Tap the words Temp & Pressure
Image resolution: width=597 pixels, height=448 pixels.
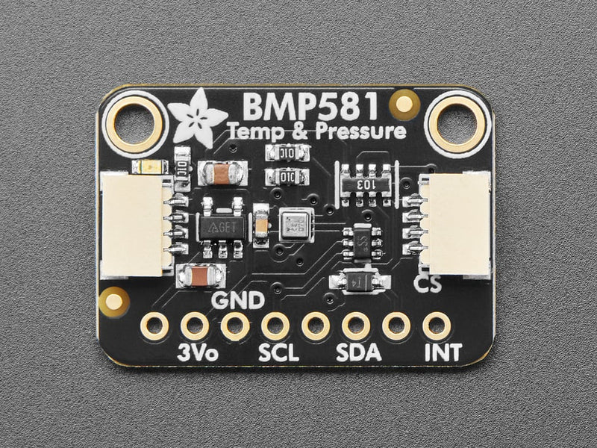click(318, 133)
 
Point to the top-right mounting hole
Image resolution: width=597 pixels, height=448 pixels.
click(457, 122)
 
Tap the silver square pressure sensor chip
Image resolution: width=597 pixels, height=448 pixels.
click(296, 225)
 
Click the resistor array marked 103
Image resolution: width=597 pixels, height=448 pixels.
click(365, 181)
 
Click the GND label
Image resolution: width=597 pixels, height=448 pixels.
click(238, 301)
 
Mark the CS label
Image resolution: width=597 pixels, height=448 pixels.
click(426, 284)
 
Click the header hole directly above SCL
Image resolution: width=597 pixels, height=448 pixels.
click(275, 326)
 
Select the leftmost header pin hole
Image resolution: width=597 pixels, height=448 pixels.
click(155, 326)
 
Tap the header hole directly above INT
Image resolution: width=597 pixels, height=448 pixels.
click(436, 326)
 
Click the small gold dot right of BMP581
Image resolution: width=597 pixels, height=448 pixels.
click(404, 103)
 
